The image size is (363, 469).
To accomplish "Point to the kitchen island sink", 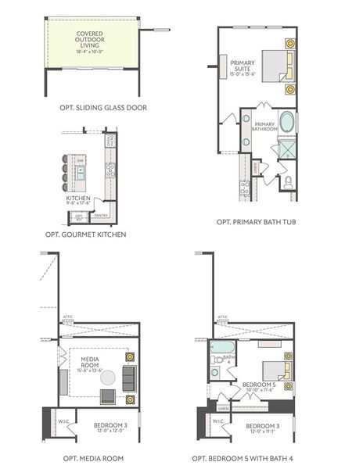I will click(81, 170).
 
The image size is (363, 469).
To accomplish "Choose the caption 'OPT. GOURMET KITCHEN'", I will click(85, 234).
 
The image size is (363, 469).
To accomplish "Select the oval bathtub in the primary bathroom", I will click(287, 124).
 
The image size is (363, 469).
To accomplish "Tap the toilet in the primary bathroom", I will click(288, 184).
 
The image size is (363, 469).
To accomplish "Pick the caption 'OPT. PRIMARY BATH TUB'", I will click(256, 222).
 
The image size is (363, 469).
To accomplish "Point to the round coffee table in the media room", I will click(107, 377).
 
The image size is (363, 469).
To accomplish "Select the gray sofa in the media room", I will click(128, 379).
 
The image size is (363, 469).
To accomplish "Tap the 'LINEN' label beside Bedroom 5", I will click(224, 408).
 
